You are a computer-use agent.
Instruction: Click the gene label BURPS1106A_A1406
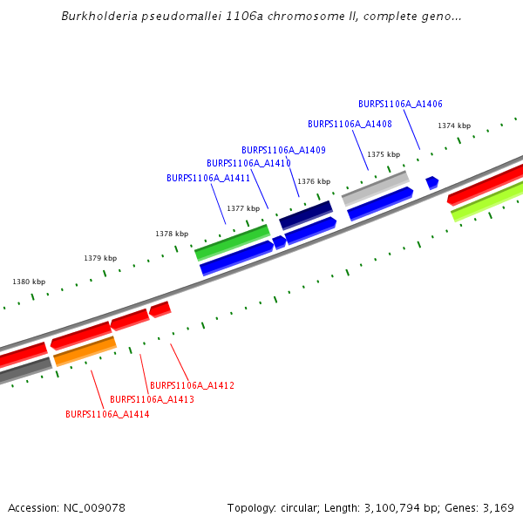click(x=400, y=104)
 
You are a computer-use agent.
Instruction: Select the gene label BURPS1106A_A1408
click(x=350, y=125)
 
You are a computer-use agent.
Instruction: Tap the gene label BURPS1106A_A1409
click(x=283, y=150)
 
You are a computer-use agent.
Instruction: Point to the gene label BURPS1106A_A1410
click(x=248, y=163)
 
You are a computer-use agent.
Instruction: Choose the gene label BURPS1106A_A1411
click(x=208, y=178)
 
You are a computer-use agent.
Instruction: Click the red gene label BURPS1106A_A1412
click(x=192, y=385)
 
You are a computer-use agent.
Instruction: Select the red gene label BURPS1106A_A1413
click(x=152, y=399)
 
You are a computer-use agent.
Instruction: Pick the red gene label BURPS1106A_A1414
click(x=107, y=414)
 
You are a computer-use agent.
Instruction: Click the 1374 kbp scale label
click(x=454, y=126)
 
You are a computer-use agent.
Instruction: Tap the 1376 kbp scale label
click(x=314, y=181)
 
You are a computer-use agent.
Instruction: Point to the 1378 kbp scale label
click(x=172, y=234)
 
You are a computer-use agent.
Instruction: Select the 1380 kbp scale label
click(x=29, y=282)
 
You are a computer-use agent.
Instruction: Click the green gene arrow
click(x=232, y=242)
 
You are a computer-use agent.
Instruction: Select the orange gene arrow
click(x=85, y=351)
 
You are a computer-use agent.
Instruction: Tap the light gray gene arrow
click(x=376, y=187)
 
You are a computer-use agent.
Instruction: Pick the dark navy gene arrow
click(x=306, y=214)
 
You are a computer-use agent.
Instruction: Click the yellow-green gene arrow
click(x=486, y=202)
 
